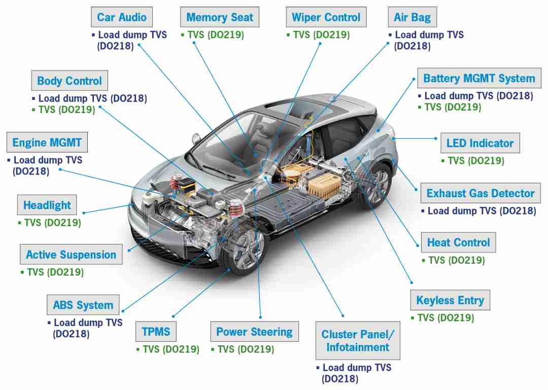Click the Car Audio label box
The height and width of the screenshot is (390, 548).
122,17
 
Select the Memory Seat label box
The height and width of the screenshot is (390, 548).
220,17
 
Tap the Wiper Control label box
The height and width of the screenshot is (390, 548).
326,17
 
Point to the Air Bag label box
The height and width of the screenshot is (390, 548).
413,17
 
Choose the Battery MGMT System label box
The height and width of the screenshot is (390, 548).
479,78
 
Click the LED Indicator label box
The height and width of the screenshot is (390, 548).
480,143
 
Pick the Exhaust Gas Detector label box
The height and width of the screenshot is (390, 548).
481,193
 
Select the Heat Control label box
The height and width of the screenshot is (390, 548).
459,242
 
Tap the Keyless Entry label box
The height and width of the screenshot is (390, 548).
450,300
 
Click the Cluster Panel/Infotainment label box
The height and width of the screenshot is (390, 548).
358,340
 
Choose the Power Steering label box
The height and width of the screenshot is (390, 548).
254,331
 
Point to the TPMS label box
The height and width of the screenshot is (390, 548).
156,331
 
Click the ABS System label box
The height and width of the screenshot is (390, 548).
83,305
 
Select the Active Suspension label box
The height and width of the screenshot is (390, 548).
72,255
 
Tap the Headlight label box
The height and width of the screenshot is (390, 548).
47,205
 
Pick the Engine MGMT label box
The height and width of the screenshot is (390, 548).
47,142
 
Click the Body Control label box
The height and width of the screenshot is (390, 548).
70,80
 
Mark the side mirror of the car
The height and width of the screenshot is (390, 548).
196,139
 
